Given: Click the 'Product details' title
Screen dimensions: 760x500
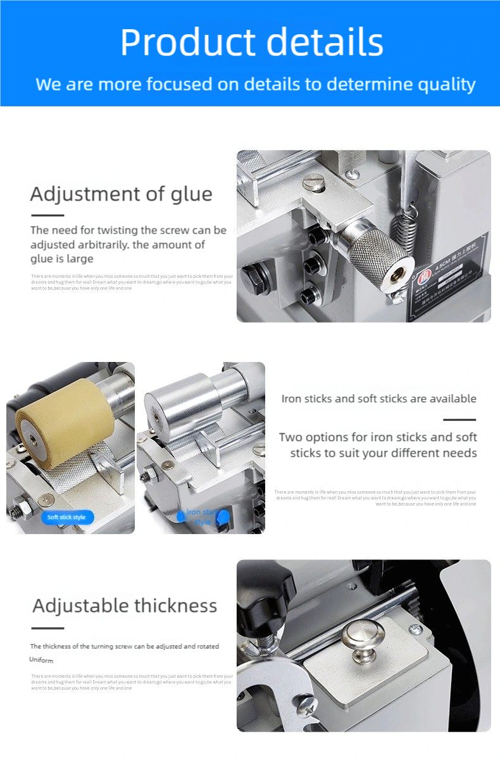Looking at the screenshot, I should pyautogui.click(x=251, y=43).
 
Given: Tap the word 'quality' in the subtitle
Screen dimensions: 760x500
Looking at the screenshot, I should pyautogui.click(x=442, y=84).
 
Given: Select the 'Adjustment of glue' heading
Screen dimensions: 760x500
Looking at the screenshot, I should pyautogui.click(x=121, y=194).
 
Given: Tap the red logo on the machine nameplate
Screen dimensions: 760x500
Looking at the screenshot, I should pyautogui.click(x=423, y=275).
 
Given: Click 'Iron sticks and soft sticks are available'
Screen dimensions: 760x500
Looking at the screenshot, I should pyautogui.click(x=378, y=399).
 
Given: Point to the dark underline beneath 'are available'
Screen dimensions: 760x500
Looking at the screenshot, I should pyautogui.click(x=459, y=420).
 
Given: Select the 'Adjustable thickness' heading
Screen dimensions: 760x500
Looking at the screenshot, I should pyautogui.click(x=125, y=606).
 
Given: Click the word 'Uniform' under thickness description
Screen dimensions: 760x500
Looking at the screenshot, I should pyautogui.click(x=41, y=660).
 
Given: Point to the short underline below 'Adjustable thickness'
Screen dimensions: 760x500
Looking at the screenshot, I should pyautogui.click(x=47, y=628).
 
